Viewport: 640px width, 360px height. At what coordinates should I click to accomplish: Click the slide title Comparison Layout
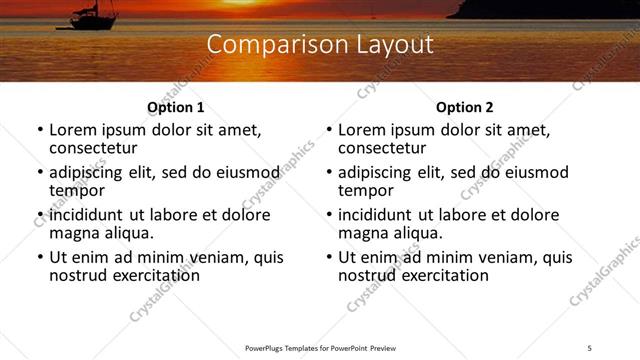pos(320,45)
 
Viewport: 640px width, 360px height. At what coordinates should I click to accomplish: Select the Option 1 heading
pos(176,108)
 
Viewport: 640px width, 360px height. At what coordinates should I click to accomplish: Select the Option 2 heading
pos(464,108)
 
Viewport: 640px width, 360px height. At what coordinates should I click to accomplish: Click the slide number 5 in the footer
pos(590,347)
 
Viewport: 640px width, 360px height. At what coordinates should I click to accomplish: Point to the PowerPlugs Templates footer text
pos(320,347)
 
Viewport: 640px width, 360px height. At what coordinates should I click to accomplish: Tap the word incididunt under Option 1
pos(86,215)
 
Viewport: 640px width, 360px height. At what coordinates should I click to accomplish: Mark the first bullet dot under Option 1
pos(40,131)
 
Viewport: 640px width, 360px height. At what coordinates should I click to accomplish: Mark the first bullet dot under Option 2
pos(329,131)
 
